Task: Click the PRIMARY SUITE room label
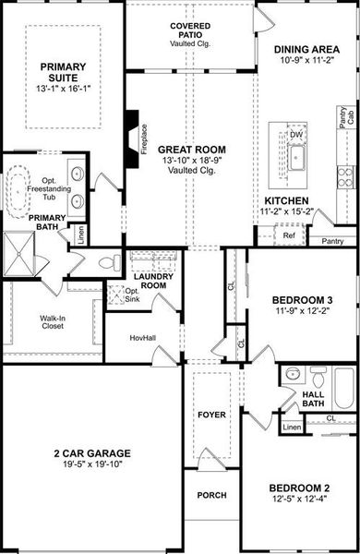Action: coord(61,72)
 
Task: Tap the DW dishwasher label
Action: coord(296,135)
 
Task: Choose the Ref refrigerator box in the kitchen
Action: coord(289,235)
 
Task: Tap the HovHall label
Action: coord(142,338)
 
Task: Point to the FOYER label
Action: coord(211,415)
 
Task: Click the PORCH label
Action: coord(211,495)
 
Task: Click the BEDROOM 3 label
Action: coord(301,301)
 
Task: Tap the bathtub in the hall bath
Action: coord(343,388)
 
